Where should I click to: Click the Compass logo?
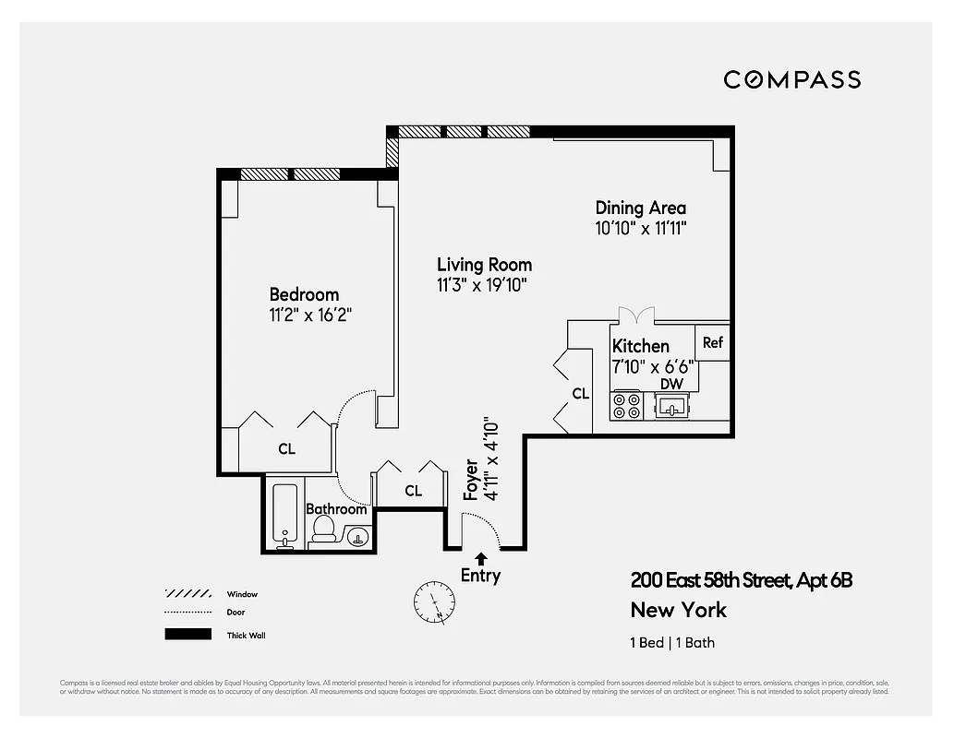pos(791,79)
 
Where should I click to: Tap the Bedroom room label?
pos(304,294)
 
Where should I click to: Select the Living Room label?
pos(484,265)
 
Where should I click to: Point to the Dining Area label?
pos(640,208)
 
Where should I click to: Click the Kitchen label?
pos(641,346)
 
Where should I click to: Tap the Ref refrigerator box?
pos(712,342)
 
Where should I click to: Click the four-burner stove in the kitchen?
pos(627,406)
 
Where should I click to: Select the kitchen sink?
pos(671,404)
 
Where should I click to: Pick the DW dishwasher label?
pos(671,384)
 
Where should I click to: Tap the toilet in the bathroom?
pos(323,528)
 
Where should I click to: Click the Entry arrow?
pos(480,558)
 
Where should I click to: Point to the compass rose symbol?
pos(434,601)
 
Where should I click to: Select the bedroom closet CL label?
pos(287,448)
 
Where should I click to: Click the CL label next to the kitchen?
pos(580,393)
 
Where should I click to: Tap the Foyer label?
pos(471,480)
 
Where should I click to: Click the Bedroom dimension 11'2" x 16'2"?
pos(310,315)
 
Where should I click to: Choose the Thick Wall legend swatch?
pos(188,635)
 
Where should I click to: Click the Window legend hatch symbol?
pos(188,593)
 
